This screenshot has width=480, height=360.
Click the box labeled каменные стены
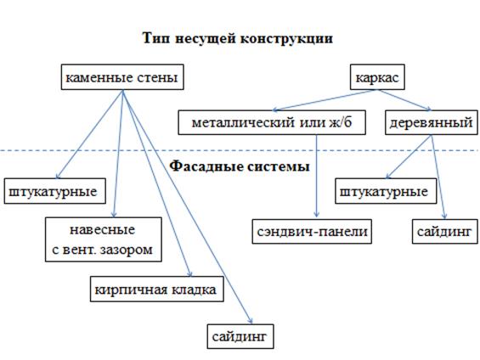click(122, 77)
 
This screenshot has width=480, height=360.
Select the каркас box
click(377, 77)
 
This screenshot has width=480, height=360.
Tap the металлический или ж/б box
click(272, 122)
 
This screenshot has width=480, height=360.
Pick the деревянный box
click(431, 122)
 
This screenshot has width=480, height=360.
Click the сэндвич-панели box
click(312, 232)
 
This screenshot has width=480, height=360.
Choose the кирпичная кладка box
click(156, 290)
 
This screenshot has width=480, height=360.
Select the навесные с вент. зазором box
click(104, 239)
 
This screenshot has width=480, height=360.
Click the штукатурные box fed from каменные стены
click(54, 191)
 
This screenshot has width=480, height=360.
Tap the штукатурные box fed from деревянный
click(386, 191)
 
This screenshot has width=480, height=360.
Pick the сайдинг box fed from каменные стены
click(240, 336)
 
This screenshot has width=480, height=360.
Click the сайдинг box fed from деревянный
click(445, 232)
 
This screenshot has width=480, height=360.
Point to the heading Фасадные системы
click(240, 166)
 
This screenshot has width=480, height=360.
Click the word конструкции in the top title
click(286, 39)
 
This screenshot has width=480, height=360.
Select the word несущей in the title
click(206, 39)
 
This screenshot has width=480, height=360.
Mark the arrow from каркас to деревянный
click(404, 100)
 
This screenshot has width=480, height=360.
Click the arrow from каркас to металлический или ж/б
click(325, 100)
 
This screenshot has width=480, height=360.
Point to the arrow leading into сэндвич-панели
click(317, 176)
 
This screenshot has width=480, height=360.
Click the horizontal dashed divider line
click(240, 150)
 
